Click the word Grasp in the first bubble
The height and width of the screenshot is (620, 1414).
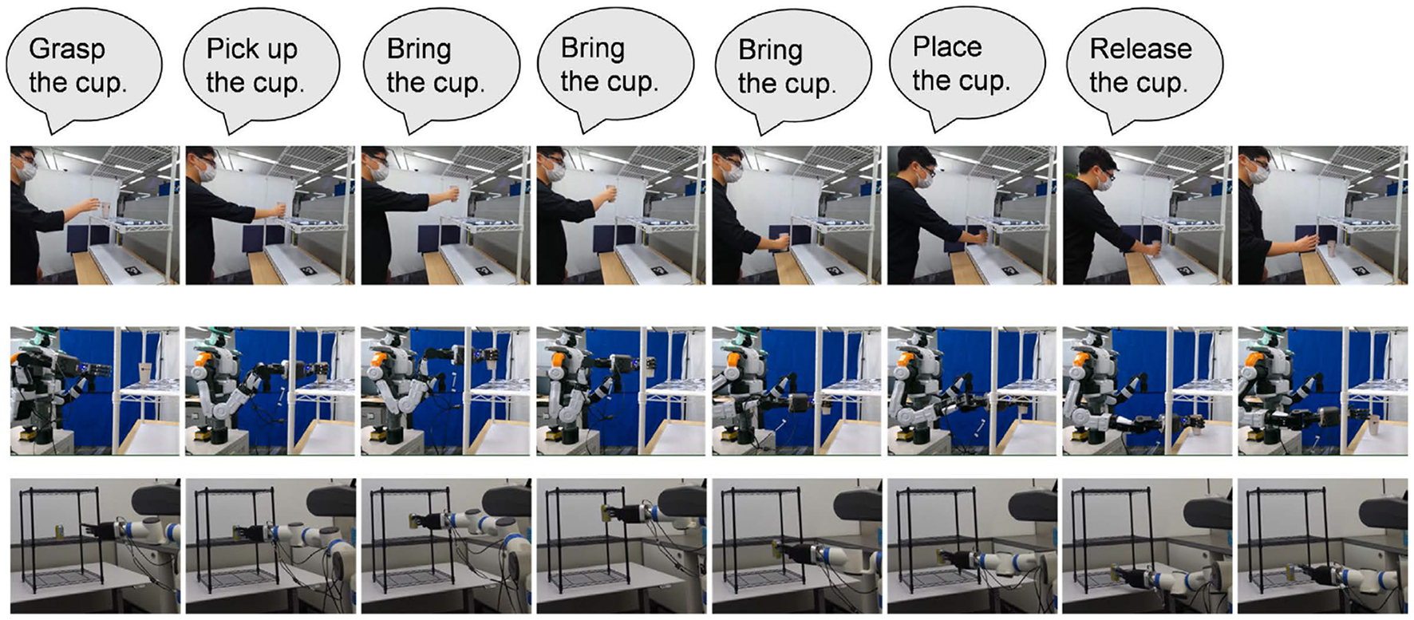click(x=66, y=49)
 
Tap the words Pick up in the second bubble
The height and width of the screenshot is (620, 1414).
click(x=251, y=49)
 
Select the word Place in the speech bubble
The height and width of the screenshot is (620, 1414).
click(x=947, y=47)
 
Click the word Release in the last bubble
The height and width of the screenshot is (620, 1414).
click(x=1140, y=49)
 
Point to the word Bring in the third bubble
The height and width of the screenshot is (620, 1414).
click(x=418, y=49)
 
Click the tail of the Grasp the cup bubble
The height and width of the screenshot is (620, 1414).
click(x=56, y=123)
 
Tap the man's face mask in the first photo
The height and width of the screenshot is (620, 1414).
click(x=30, y=171)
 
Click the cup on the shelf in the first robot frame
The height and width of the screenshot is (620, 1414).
click(x=144, y=373)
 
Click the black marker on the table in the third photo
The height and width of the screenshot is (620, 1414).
click(x=481, y=271)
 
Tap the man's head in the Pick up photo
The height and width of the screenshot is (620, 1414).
click(x=203, y=164)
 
